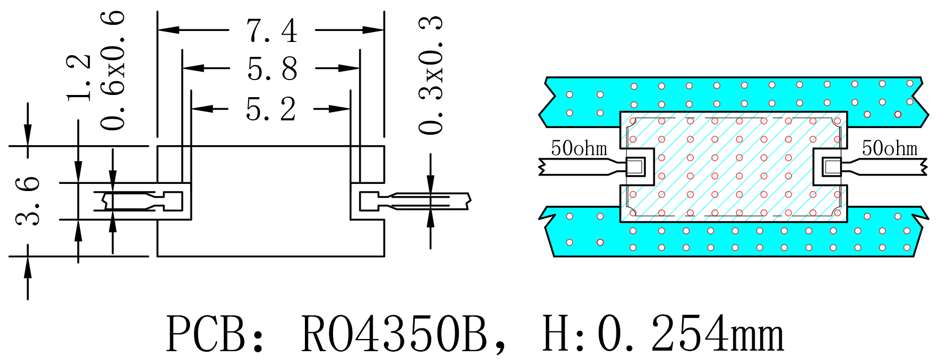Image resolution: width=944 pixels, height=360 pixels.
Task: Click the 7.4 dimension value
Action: [x=272, y=30]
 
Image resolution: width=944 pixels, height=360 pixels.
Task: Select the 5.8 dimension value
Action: [x=272, y=68]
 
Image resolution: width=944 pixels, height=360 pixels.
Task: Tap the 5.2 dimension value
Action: [x=271, y=109]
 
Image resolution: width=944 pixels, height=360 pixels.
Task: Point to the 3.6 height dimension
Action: [x=28, y=201]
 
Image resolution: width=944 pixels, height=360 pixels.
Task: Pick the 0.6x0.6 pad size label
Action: [x=113, y=70]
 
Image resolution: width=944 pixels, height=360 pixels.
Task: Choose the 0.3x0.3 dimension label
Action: [x=430, y=75]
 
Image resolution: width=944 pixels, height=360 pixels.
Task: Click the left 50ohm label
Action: [x=579, y=148]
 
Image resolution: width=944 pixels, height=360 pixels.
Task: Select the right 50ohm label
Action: [x=890, y=148]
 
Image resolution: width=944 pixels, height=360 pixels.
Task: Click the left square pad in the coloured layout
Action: [x=636, y=167]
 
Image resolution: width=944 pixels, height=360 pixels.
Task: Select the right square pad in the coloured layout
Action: [x=832, y=167]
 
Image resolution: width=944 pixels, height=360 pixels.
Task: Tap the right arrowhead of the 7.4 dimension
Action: [x=373, y=30]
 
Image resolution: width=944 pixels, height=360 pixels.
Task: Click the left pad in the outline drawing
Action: [x=173, y=202]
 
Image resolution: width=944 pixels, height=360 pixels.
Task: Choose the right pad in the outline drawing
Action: [x=369, y=202]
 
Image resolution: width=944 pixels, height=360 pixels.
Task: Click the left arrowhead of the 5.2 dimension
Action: [x=202, y=109]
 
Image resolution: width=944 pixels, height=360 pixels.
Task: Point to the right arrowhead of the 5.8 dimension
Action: [x=349, y=68]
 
